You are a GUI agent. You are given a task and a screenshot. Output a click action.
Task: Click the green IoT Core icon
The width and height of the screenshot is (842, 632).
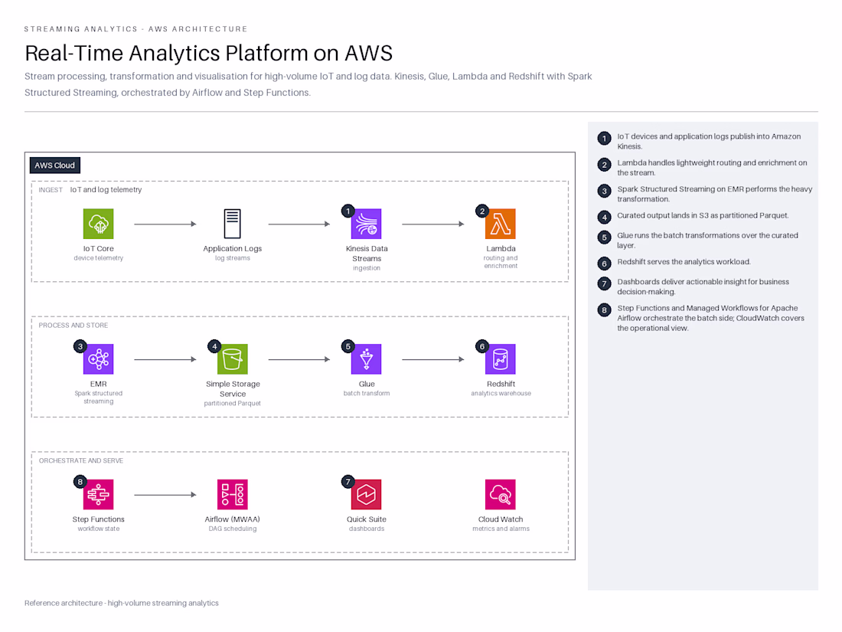98,224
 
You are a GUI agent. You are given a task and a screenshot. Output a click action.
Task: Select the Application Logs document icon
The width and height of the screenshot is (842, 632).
232,224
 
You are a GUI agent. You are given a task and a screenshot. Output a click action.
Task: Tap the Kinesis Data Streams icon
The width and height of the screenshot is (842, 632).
366,224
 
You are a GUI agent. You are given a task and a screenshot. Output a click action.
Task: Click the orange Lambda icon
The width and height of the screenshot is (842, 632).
501,224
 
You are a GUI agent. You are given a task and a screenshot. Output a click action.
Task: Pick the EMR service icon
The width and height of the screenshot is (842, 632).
98,359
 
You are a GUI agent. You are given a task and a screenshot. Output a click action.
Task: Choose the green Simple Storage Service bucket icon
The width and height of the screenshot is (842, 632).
233,359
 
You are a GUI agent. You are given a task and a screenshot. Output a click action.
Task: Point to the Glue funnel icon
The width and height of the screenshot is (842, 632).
366,359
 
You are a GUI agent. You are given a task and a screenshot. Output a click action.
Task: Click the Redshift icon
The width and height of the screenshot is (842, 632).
501,359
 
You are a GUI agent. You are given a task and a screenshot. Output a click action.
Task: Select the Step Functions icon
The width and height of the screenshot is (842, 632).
98,494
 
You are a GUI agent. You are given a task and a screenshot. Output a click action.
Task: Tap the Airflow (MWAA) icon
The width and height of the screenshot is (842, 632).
233,494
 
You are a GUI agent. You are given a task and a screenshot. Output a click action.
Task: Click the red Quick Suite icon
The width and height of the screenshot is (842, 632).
366,494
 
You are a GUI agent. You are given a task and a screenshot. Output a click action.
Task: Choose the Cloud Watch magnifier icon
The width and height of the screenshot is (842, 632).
501,494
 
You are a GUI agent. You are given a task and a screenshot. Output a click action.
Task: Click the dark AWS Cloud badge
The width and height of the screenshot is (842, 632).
55,165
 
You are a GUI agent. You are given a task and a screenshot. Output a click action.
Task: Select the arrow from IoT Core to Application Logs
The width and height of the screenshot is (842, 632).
165,224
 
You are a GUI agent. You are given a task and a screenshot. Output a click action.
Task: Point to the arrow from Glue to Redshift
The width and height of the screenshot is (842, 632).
433,359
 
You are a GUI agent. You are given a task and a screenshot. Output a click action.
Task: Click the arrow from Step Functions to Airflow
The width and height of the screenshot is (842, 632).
165,495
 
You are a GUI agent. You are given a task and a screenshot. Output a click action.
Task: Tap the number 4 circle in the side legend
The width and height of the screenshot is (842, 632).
604,217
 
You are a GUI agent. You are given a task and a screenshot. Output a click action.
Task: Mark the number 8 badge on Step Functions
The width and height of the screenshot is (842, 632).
80,482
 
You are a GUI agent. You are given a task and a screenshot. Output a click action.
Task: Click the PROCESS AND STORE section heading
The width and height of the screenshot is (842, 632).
73,326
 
